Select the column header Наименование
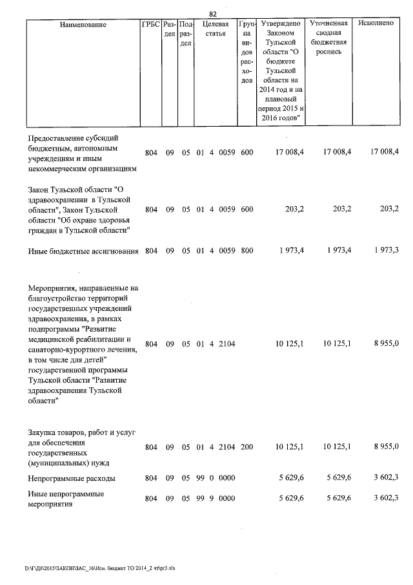83,24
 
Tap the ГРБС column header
150,24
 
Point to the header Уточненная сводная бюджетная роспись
329,37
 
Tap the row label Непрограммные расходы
72,479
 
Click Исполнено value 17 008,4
385,151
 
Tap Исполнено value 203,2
390,209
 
